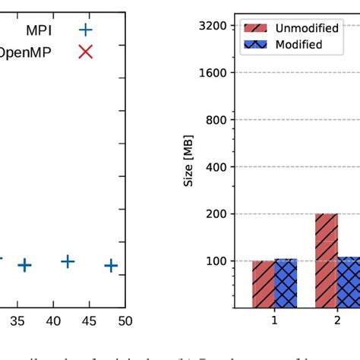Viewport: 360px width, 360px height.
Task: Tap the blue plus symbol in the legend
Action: [x=86, y=30]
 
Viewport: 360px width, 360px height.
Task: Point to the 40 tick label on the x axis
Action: [x=52, y=321]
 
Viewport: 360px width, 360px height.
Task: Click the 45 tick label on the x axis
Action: [x=89, y=321]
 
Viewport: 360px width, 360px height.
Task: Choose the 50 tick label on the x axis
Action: [x=125, y=321]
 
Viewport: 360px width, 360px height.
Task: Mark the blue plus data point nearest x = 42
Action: [x=68, y=261]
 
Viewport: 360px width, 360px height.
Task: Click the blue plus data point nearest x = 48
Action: [x=111, y=265]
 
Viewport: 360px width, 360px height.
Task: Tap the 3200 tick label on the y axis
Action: [x=212, y=26]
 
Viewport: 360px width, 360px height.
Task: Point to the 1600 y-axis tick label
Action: [x=212, y=73]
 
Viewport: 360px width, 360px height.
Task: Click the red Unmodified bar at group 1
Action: [x=264, y=284]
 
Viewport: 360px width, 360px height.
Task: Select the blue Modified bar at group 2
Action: [x=349, y=282]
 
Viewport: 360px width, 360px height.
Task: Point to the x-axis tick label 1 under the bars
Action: [x=274, y=321]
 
